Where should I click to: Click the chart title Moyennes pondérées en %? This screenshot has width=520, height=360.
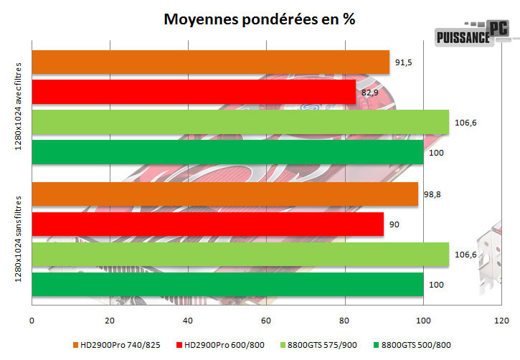(260, 19)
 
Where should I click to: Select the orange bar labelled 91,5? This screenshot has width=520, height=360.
(211, 62)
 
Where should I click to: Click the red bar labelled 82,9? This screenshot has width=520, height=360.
(194, 91)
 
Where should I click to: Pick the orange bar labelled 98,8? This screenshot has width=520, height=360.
(225, 194)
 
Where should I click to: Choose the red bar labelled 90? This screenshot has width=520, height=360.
(208, 224)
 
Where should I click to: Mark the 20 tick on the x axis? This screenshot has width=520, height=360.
(110, 320)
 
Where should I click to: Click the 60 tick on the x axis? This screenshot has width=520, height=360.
(266, 320)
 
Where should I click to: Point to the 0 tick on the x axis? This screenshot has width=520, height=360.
(32, 320)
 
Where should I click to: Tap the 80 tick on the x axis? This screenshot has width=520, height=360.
(344, 320)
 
